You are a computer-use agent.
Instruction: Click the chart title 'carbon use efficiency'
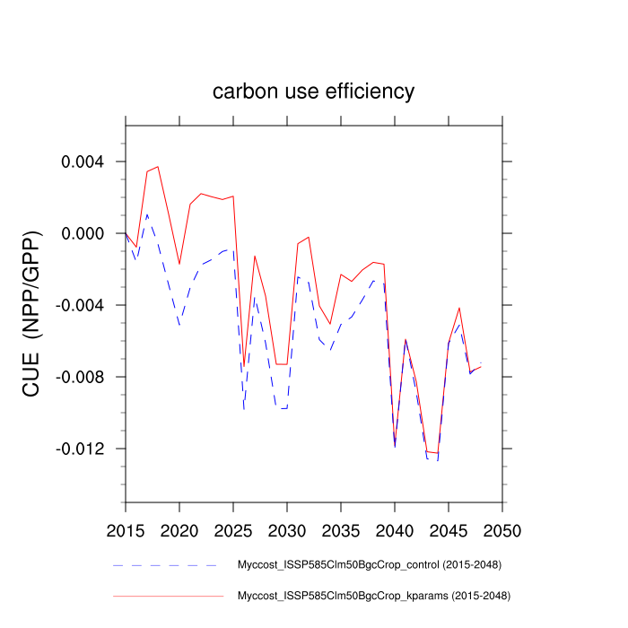[313, 92]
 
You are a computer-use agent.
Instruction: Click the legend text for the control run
[369, 565]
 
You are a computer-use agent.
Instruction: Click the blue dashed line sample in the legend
[166, 565]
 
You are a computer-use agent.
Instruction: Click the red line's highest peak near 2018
[158, 166]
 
